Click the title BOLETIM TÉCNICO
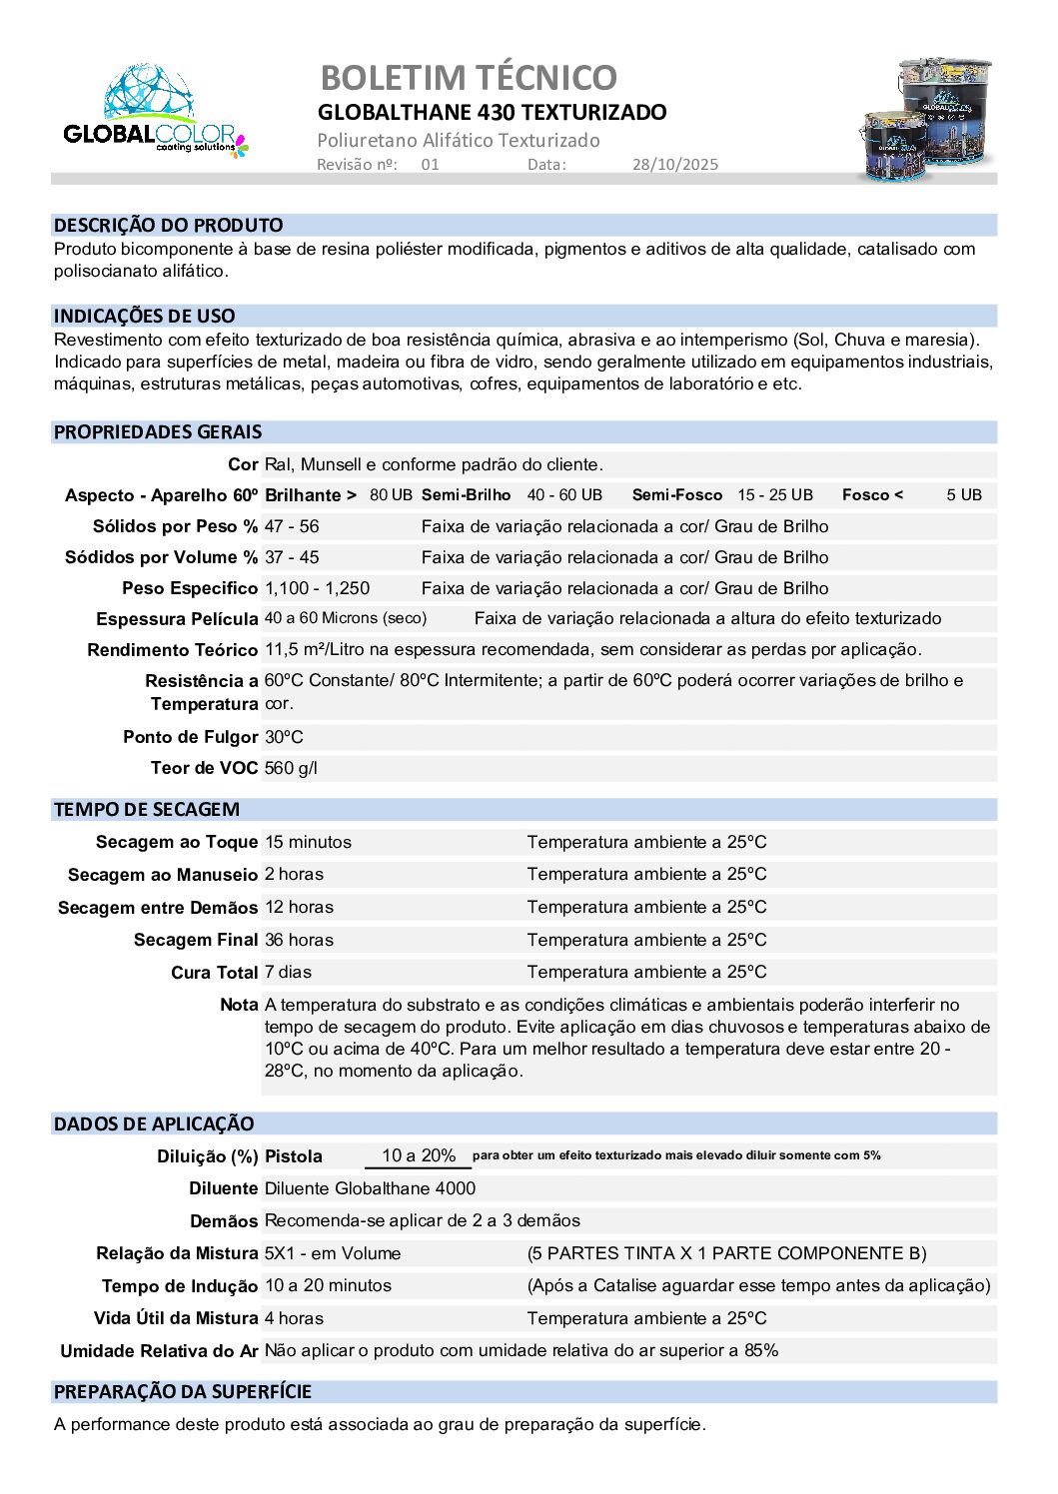pyautogui.click(x=469, y=77)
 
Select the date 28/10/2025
pyautogui.click(x=674, y=165)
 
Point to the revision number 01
pyautogui.click(x=430, y=165)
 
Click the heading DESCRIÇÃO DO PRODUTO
pyautogui.click(x=168, y=225)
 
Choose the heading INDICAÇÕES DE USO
pyautogui.click(x=144, y=316)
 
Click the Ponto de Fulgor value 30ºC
pyautogui.click(x=284, y=737)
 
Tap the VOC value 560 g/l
pyautogui.click(x=291, y=768)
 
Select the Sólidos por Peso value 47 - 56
pyautogui.click(x=292, y=526)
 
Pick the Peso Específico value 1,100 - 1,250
pyautogui.click(x=317, y=588)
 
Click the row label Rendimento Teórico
pyautogui.click(x=172, y=650)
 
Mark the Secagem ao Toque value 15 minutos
pyautogui.click(x=308, y=842)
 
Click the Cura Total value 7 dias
pyautogui.click(x=288, y=972)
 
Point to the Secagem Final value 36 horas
pyautogui.click(x=299, y=940)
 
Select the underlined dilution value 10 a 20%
pyautogui.click(x=419, y=1155)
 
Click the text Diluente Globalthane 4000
pyautogui.click(x=370, y=1188)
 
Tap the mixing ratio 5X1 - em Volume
pyautogui.click(x=333, y=1253)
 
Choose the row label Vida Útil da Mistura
pyautogui.click(x=176, y=1318)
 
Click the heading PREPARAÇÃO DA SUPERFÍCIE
pyautogui.click(x=183, y=1391)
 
